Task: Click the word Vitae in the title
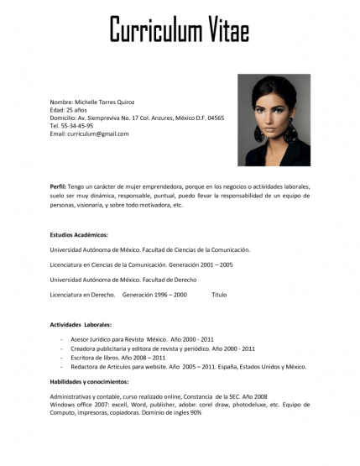point(221,31)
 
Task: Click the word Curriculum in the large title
point(150,31)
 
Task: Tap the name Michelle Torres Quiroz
point(104,102)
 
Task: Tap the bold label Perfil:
point(58,185)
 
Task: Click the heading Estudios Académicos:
point(79,235)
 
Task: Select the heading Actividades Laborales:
point(81,323)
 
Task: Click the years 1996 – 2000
point(167,295)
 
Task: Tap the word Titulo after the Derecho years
point(219,295)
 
